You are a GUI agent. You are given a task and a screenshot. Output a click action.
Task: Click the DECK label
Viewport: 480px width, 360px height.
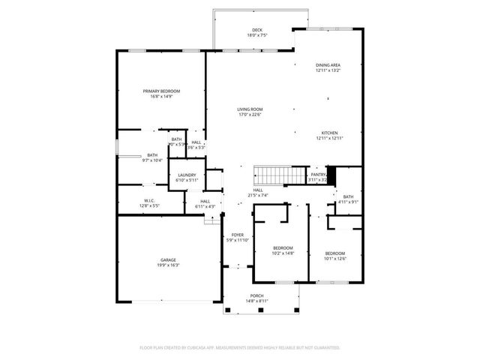point(256,30)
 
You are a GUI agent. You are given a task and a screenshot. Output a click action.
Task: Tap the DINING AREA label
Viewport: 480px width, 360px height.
point(328,65)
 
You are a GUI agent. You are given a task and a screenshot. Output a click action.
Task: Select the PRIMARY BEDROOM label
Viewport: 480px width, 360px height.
point(162,91)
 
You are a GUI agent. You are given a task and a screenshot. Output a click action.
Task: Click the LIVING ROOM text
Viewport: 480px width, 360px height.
point(250,109)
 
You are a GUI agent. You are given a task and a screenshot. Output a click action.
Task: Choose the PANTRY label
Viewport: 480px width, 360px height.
point(318,175)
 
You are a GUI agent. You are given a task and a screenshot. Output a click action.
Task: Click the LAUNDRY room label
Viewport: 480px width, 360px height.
point(187,175)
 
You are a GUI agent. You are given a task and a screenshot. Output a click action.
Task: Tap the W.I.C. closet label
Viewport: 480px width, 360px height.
point(149,200)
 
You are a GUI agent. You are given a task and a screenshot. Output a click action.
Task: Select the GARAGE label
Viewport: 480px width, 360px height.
point(168,260)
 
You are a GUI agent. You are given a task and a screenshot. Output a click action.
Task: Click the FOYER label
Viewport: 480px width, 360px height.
point(237,235)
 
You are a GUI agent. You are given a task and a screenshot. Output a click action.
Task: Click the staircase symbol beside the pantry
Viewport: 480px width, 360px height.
point(274,175)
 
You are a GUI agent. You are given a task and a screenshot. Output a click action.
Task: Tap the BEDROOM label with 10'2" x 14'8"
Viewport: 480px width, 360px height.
point(283,247)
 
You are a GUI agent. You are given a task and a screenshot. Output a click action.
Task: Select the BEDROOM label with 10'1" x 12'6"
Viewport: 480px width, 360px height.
point(334,253)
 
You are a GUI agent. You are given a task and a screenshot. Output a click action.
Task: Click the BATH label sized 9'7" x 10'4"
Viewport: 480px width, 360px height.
point(152,155)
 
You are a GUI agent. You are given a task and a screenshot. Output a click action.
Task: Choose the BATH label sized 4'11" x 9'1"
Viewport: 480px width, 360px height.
point(348,196)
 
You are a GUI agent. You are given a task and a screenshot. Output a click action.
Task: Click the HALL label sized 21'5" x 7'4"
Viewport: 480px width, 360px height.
point(257,190)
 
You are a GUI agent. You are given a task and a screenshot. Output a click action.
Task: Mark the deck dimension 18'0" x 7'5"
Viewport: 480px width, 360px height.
point(256,35)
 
